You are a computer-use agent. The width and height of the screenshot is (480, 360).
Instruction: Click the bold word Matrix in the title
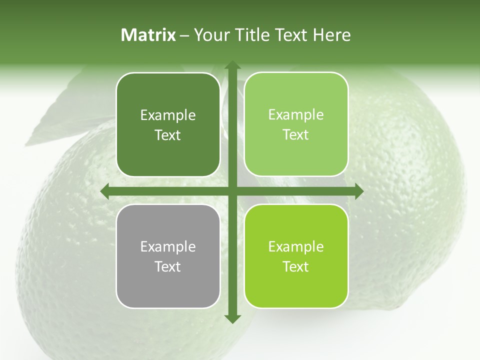pos(148,35)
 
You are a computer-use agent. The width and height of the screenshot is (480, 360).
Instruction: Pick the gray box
pos(168,290)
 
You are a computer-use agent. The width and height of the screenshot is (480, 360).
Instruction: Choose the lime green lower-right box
pos(296,290)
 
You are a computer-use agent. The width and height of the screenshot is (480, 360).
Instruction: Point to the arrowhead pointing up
pos(232,65)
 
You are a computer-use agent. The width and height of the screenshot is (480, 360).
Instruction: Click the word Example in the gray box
pos(168,247)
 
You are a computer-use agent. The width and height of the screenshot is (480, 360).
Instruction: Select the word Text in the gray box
pos(168,266)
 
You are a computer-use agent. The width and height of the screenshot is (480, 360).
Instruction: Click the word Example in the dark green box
pos(168,115)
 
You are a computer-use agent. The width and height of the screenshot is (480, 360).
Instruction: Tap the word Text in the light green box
pos(296,135)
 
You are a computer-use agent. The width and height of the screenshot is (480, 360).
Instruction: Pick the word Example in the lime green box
pos(296,247)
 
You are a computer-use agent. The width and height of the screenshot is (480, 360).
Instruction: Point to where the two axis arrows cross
pos(232,191)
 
